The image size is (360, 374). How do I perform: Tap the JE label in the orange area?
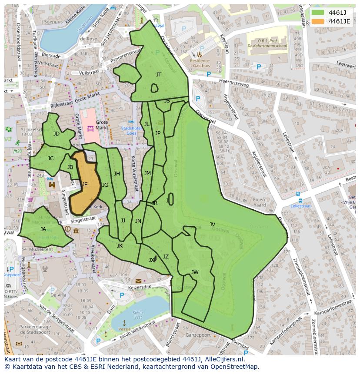pos(85,185)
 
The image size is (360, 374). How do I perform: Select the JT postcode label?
pos(159,75)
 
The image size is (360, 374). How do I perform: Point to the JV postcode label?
pos(212,225)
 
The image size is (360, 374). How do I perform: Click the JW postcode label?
pos(195,272)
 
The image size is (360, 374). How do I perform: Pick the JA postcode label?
pos(43,229)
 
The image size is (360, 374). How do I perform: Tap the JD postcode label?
pos(57,134)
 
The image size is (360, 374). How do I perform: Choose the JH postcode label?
pos(117,174)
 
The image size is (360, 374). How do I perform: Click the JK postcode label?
pos(120,246)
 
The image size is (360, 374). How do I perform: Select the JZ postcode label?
pos(166,257)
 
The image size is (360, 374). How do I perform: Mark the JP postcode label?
pos(158,133)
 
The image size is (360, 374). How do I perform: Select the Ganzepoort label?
pos(198,335)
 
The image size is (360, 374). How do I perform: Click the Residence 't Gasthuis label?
pos(200,63)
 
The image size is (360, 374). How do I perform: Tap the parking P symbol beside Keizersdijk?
pos(122,295)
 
